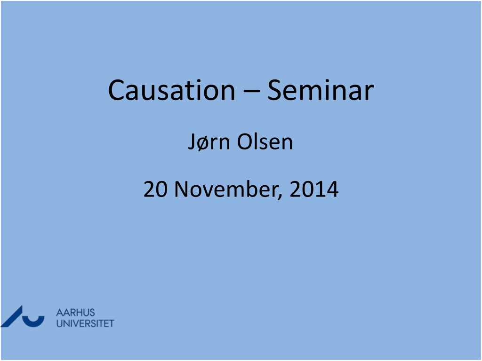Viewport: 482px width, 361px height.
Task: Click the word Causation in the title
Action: (171, 90)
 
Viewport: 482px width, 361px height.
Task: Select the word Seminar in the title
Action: (320, 90)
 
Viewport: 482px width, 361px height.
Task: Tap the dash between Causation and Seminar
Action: (251, 91)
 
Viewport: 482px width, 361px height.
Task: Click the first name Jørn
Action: (209, 142)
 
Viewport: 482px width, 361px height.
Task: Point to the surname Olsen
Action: (265, 142)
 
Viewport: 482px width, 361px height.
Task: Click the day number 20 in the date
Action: (155, 189)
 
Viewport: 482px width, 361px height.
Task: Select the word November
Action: (227, 189)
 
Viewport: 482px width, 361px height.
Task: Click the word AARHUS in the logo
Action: (75, 313)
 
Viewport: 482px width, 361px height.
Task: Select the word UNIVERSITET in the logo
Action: (85, 323)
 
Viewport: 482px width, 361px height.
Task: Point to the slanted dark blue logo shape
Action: (12, 316)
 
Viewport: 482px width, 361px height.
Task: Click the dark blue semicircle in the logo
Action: (33, 322)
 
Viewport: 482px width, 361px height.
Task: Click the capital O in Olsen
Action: (245, 142)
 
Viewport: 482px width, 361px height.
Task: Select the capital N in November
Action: (181, 189)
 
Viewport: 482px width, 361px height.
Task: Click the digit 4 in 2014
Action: (332, 189)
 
